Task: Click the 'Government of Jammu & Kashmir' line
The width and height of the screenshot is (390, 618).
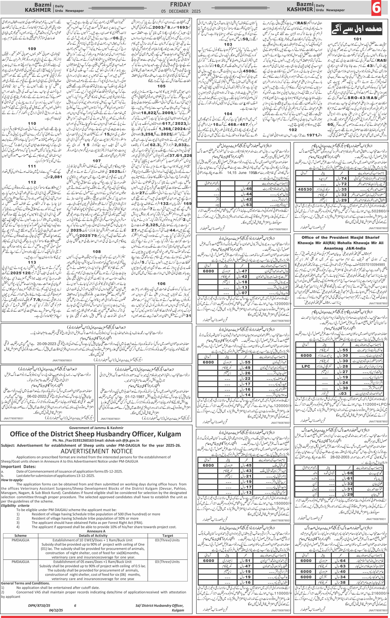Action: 96,428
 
